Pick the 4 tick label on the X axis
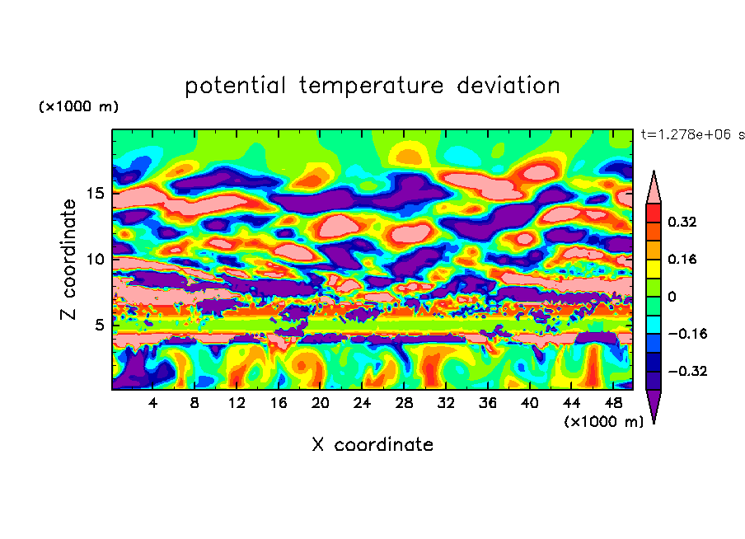153,404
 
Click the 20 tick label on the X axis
321,404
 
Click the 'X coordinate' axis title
372,445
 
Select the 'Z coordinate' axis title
69,260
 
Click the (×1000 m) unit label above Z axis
78,107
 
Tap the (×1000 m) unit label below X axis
603,422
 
